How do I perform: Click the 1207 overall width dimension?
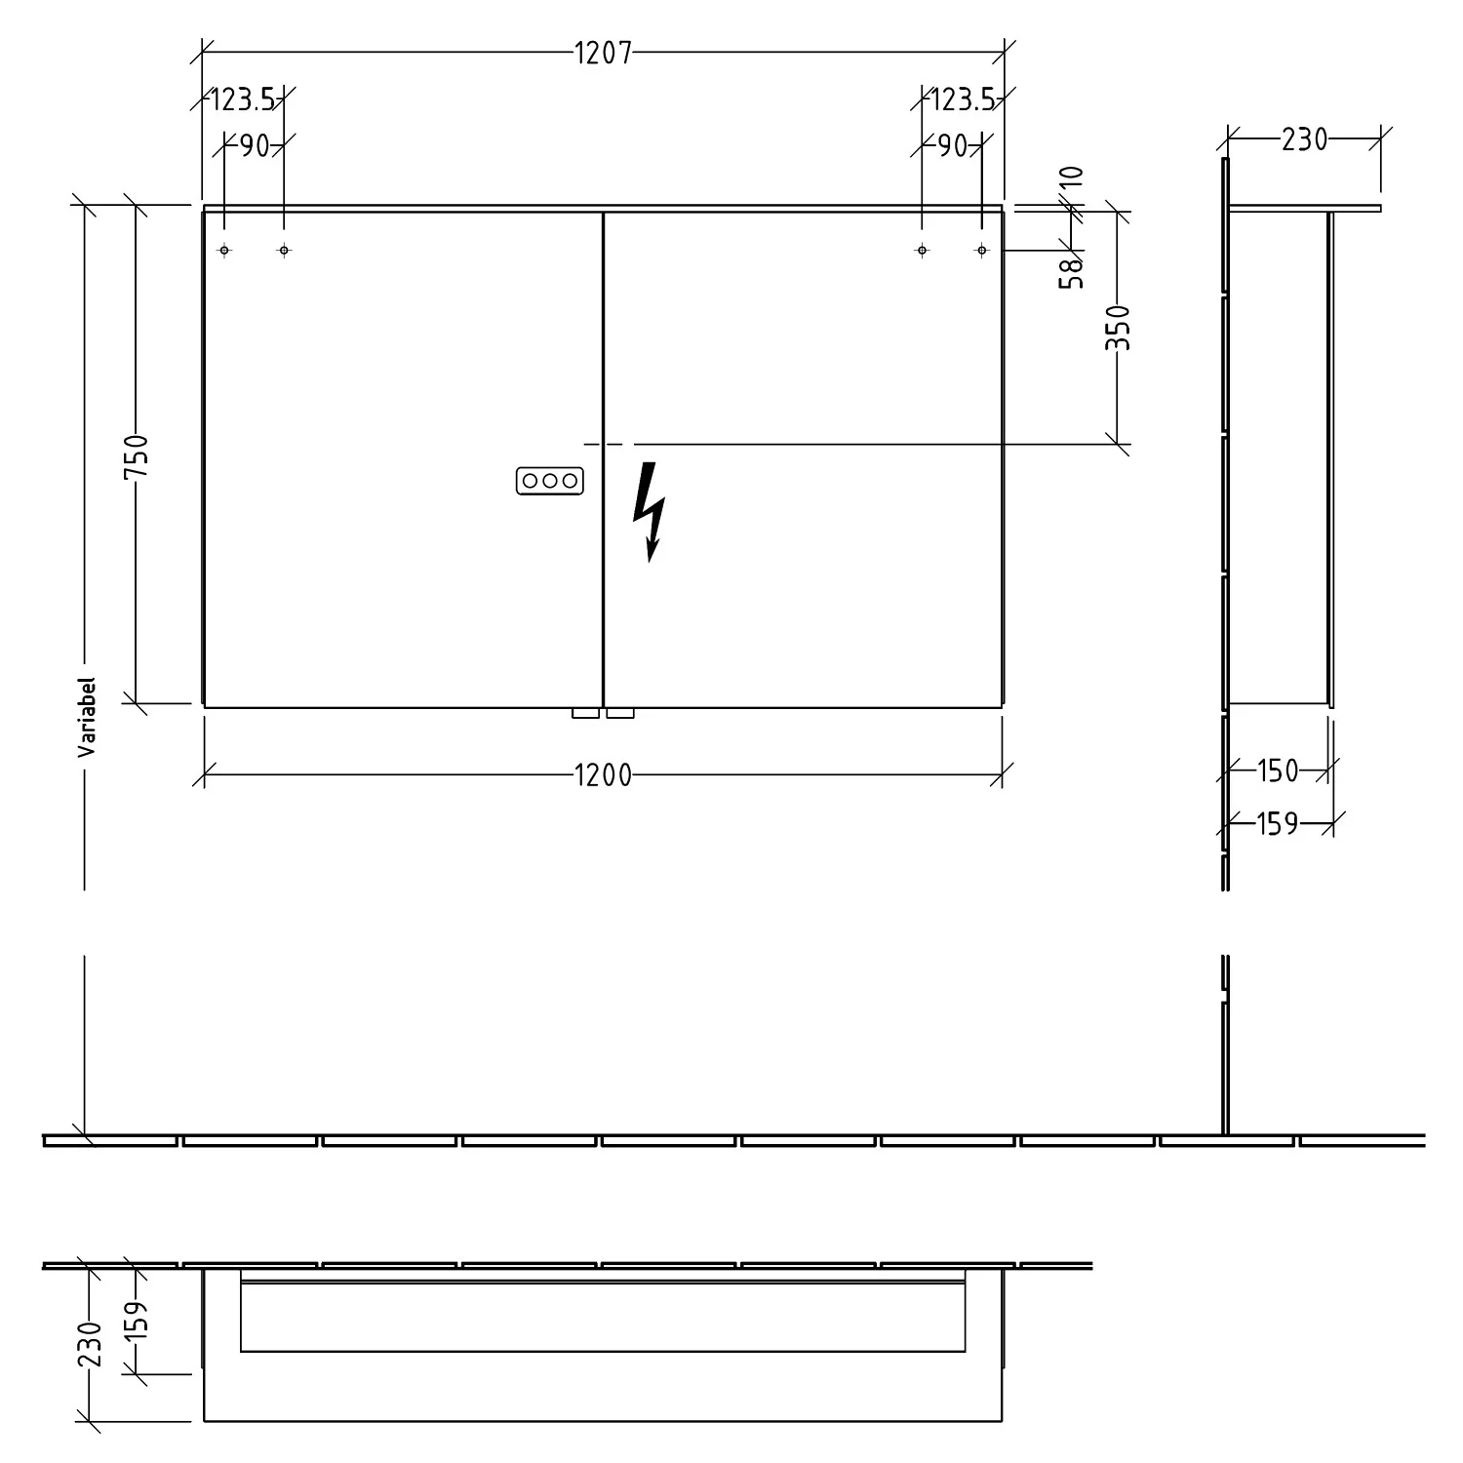click(603, 53)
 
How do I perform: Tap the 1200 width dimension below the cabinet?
click(603, 775)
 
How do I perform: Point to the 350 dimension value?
click(1120, 328)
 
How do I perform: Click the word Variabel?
click(87, 718)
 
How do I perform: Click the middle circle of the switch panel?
click(550, 481)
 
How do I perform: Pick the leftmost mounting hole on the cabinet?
click(224, 251)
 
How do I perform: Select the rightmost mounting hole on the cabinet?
click(982, 251)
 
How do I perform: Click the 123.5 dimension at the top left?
click(244, 99)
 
